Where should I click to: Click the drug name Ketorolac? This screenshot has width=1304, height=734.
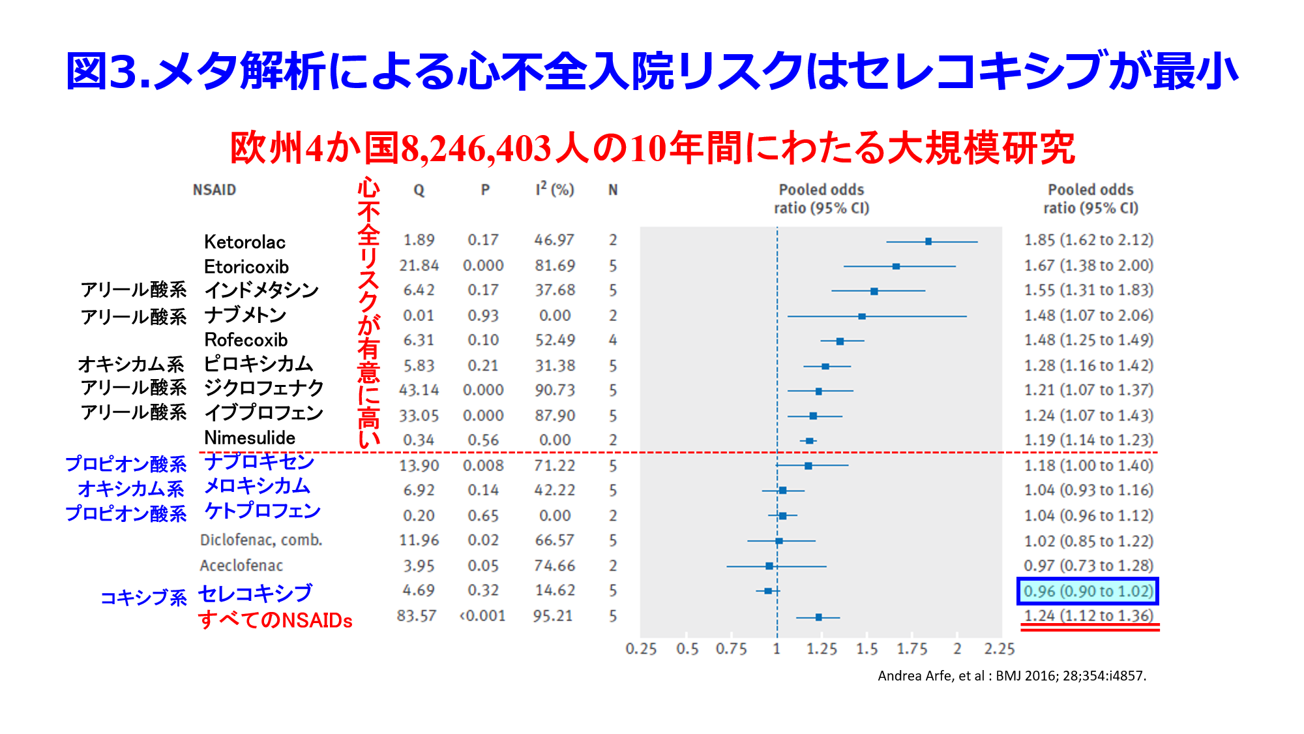pyautogui.click(x=244, y=242)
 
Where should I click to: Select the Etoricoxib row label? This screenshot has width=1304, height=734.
pyautogui.click(x=246, y=267)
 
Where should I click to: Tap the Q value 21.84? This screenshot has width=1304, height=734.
pyautogui.click(x=419, y=266)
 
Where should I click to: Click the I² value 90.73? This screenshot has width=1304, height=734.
pyautogui.click(x=555, y=390)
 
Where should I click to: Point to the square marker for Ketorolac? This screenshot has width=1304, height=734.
pyautogui.click(x=928, y=241)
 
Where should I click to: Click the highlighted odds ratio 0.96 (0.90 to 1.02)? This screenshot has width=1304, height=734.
pyautogui.click(x=1088, y=591)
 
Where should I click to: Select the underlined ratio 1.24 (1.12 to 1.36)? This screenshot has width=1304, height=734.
pyautogui.click(x=1088, y=616)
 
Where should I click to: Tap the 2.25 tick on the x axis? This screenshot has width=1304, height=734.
pyautogui.click(x=1000, y=649)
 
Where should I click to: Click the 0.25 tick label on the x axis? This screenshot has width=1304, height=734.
pyautogui.click(x=641, y=649)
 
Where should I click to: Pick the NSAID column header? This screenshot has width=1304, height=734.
pyautogui.click(x=214, y=190)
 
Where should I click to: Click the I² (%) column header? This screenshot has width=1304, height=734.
pyautogui.click(x=554, y=190)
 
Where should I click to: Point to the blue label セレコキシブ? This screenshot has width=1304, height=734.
pyautogui.click(x=256, y=594)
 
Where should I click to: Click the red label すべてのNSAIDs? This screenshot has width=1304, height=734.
pyautogui.click(x=275, y=620)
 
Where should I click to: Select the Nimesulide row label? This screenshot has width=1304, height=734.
pyautogui.click(x=250, y=438)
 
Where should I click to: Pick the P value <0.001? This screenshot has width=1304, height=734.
pyautogui.click(x=482, y=616)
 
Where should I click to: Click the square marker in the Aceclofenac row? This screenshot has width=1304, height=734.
pyautogui.click(x=769, y=566)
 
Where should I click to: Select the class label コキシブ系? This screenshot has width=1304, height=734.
pyautogui.click(x=143, y=598)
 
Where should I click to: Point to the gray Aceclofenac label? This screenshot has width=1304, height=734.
pyautogui.click(x=241, y=566)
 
